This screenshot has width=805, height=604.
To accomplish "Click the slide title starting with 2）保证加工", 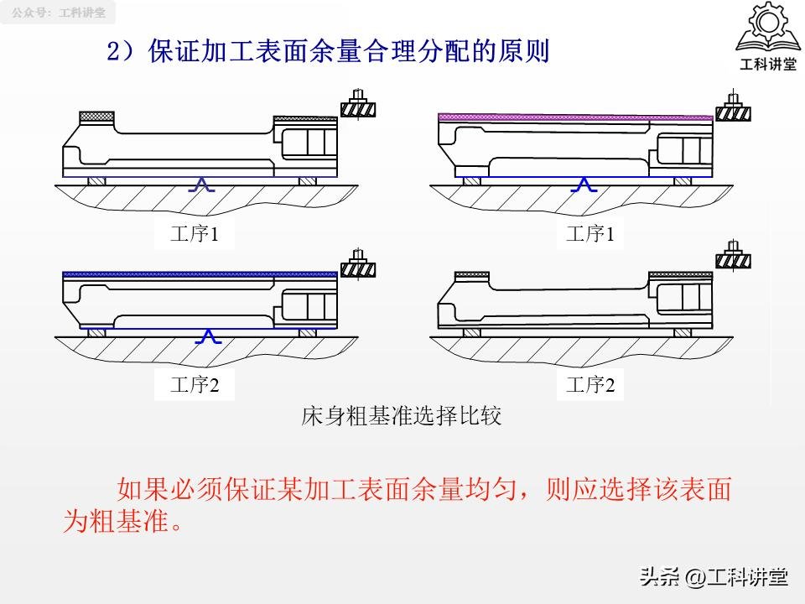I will click(x=327, y=52).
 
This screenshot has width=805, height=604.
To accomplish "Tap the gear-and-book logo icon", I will click(x=766, y=30).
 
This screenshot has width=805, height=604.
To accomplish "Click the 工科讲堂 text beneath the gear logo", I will click(x=766, y=65).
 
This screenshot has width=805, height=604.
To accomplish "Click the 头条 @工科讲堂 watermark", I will click(x=714, y=576).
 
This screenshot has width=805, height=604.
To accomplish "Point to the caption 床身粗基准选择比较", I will click(x=401, y=416).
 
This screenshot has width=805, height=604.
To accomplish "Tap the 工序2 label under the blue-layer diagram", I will click(x=195, y=385).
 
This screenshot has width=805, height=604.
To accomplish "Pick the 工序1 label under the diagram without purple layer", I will click(x=195, y=234).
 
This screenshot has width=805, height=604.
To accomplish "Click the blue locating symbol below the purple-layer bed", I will click(x=584, y=185).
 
